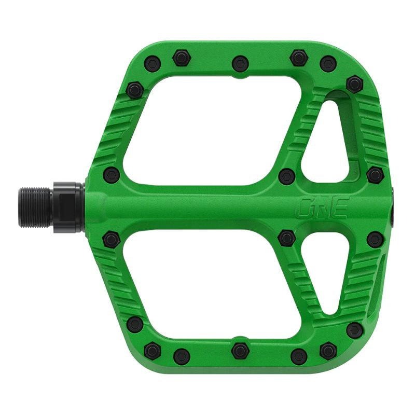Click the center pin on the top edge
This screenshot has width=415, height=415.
click(240, 64)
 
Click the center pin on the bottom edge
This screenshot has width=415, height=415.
click(240, 350)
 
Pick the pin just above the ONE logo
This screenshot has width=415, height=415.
click(287, 176)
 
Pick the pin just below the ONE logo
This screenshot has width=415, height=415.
click(287, 238)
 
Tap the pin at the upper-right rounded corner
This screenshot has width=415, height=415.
click(354, 84)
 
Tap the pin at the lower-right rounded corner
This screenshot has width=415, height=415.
click(354, 330)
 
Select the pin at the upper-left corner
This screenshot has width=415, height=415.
click(135, 90)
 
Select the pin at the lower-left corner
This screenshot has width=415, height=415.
click(135, 324)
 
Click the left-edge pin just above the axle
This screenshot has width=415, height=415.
click(111, 175)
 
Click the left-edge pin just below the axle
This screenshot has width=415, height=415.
click(111, 239)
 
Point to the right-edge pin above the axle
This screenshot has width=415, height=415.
click(375, 175)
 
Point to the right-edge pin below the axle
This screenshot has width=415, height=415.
click(375, 239)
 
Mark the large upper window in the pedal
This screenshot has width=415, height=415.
click(208, 130)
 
